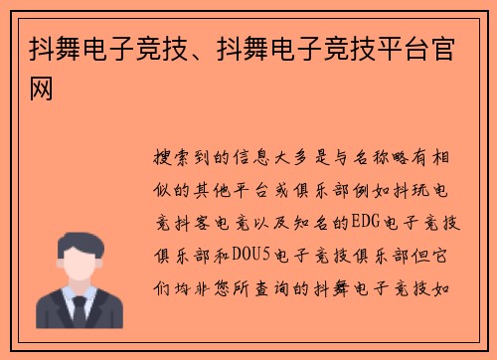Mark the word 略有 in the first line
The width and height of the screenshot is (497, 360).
[412, 158]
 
